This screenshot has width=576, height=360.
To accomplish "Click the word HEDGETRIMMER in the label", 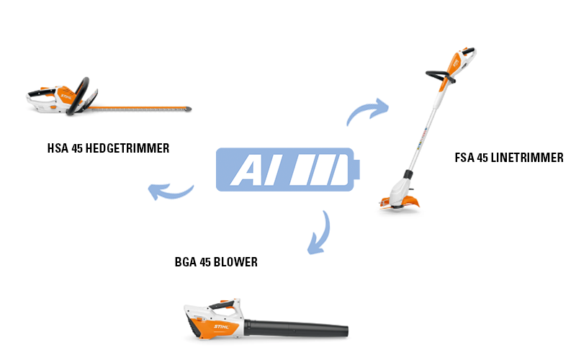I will click(126, 148).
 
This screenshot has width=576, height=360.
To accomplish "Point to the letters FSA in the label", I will click(464, 158).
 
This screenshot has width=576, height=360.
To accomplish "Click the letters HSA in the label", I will click(57, 148).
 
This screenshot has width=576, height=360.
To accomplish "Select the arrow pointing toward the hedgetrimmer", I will click(170, 192).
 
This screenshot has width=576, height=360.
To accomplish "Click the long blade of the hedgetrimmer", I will click(144, 109).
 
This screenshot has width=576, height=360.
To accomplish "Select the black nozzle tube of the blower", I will click(302, 330).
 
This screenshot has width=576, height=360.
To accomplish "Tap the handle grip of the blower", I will click(216, 307).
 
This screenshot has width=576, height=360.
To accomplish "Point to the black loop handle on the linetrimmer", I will click(437, 76).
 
